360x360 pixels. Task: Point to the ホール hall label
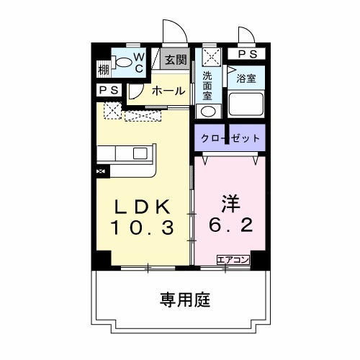168,91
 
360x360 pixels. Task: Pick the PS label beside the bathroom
246,54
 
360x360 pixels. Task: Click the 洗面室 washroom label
207,84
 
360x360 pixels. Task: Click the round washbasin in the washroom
207,112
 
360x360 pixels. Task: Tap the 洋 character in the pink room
230,204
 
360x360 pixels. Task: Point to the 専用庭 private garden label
184,299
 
